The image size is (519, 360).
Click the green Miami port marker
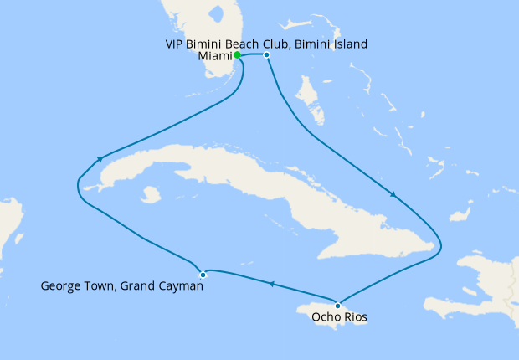pos(238,55)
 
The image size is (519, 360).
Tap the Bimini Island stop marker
pos(266,55)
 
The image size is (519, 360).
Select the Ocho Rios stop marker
pos(337,304)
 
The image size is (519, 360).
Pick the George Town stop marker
pos(203,275)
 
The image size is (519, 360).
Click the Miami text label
pos(215,57)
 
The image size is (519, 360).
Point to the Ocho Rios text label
pos(338,317)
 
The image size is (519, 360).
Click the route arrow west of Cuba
pos(100,158)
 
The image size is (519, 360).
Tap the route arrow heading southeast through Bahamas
pos(392,195)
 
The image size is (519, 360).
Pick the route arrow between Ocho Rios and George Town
pos(270,285)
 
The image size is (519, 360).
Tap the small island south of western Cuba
pos(151,195)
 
